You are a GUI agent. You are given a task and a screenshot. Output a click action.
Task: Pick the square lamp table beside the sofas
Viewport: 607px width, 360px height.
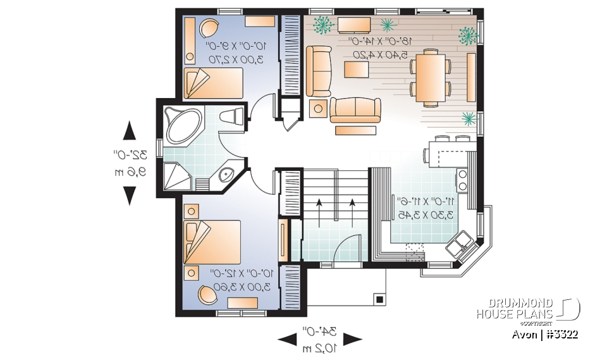click(317, 108)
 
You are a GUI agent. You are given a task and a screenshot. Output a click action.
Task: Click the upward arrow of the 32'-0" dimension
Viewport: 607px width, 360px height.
click(130, 132)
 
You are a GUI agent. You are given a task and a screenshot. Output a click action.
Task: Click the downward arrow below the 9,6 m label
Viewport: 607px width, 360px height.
click(130, 195)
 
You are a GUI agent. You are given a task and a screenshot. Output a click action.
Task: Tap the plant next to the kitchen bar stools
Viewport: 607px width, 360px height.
click(469, 118)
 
